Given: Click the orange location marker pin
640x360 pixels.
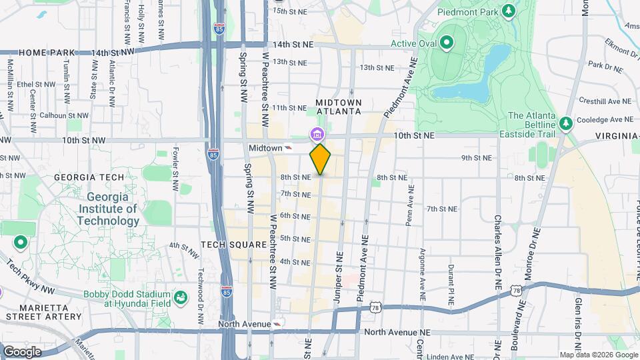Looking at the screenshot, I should click(320, 159).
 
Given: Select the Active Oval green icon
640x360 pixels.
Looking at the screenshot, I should click(445, 45).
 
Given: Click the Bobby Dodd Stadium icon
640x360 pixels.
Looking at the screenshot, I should click(179, 297).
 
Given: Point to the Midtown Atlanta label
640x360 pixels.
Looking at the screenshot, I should click(339, 107).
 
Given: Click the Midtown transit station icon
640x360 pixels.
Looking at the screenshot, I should click(289, 147).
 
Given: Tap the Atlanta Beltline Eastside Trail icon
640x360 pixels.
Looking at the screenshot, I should click(565, 123).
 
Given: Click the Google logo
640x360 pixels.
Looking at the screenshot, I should click(22, 351).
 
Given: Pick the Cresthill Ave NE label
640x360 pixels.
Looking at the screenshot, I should click(605, 101).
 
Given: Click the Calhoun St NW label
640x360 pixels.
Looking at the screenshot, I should click(63, 115).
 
